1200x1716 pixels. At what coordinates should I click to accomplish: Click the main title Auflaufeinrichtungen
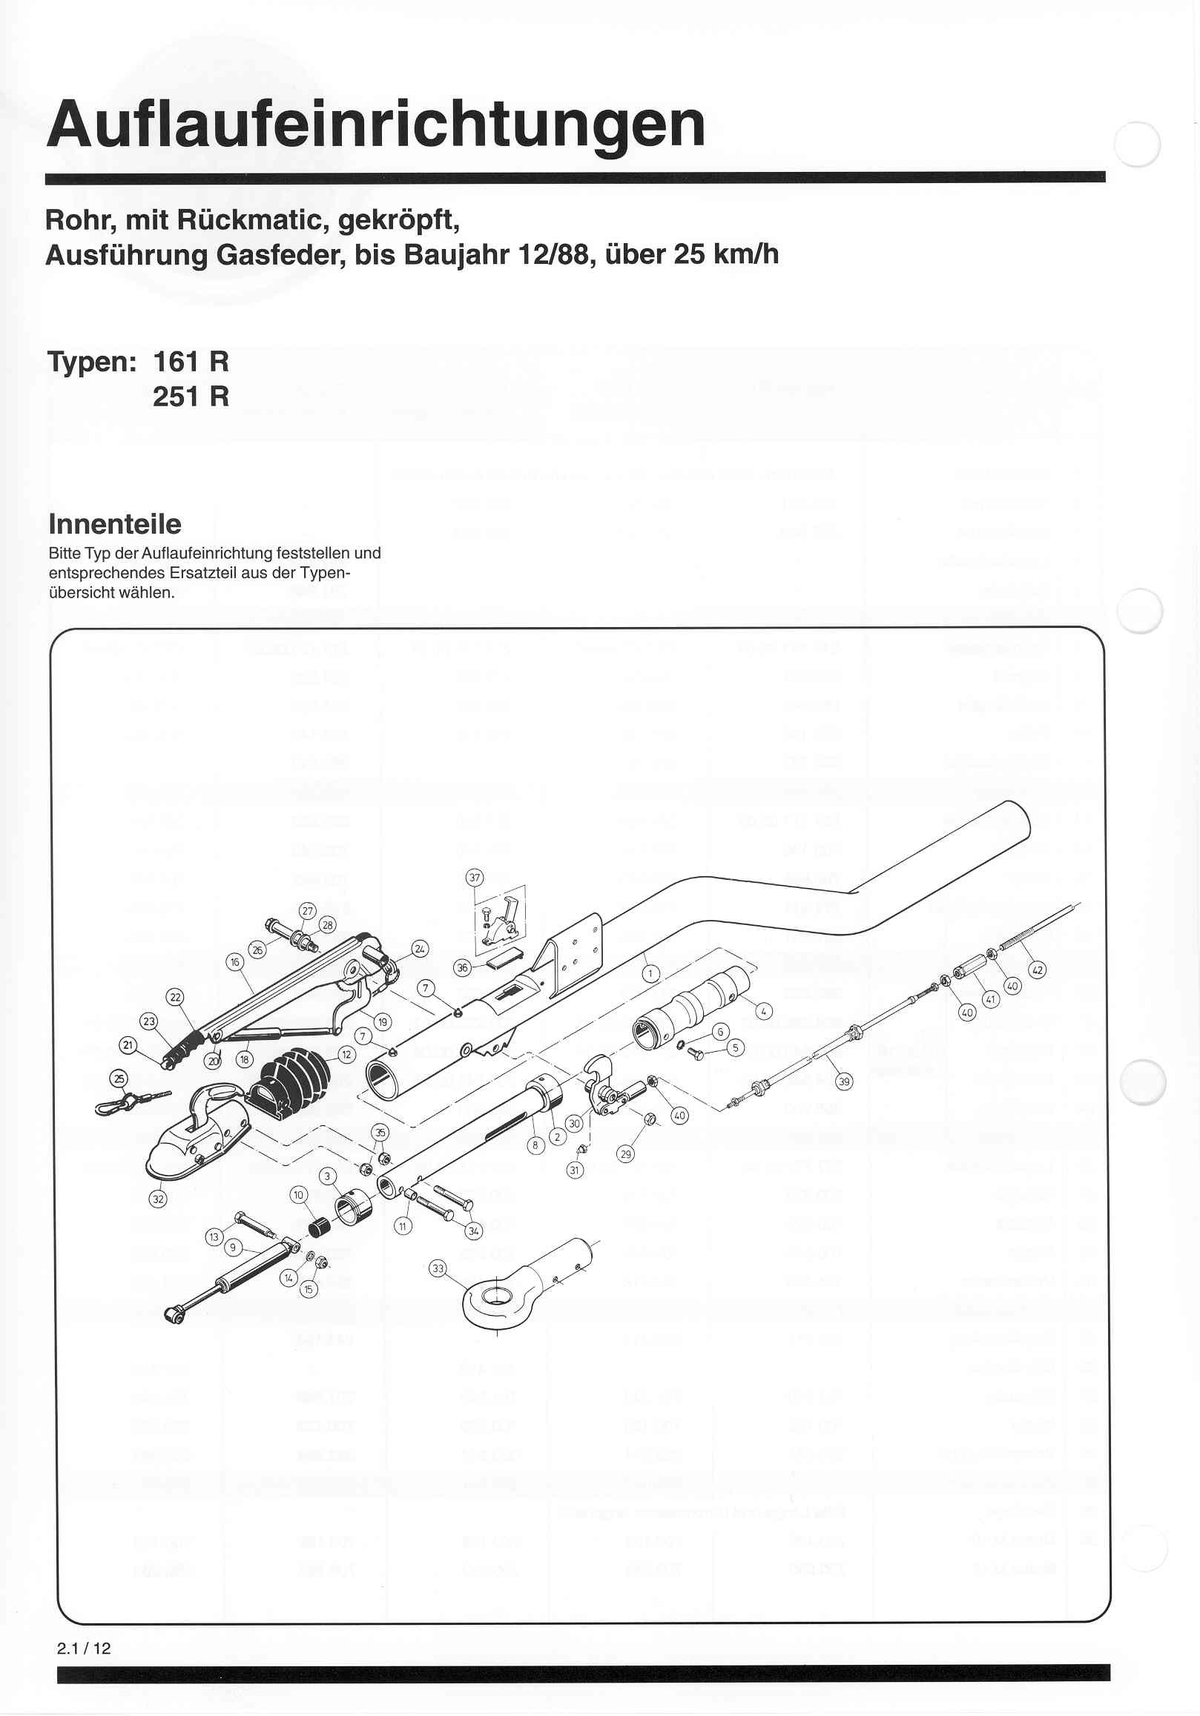375,125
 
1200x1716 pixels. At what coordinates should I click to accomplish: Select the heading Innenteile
114,524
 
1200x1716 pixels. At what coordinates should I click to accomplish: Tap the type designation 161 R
191,362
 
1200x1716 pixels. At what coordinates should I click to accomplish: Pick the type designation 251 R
191,396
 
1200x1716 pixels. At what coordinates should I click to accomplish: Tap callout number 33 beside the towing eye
438,1268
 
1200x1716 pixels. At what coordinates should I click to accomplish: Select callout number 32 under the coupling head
158,1199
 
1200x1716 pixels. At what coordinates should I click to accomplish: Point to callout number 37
475,878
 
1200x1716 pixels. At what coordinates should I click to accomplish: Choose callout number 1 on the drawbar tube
650,973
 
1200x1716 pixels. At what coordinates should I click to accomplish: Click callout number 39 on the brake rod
843,1081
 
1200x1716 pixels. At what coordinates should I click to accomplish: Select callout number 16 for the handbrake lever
235,962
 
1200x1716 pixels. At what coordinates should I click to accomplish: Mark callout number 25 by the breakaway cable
119,1078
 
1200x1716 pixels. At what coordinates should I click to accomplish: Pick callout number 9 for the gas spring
233,1247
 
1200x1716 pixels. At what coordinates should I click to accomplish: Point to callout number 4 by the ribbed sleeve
763,1012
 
